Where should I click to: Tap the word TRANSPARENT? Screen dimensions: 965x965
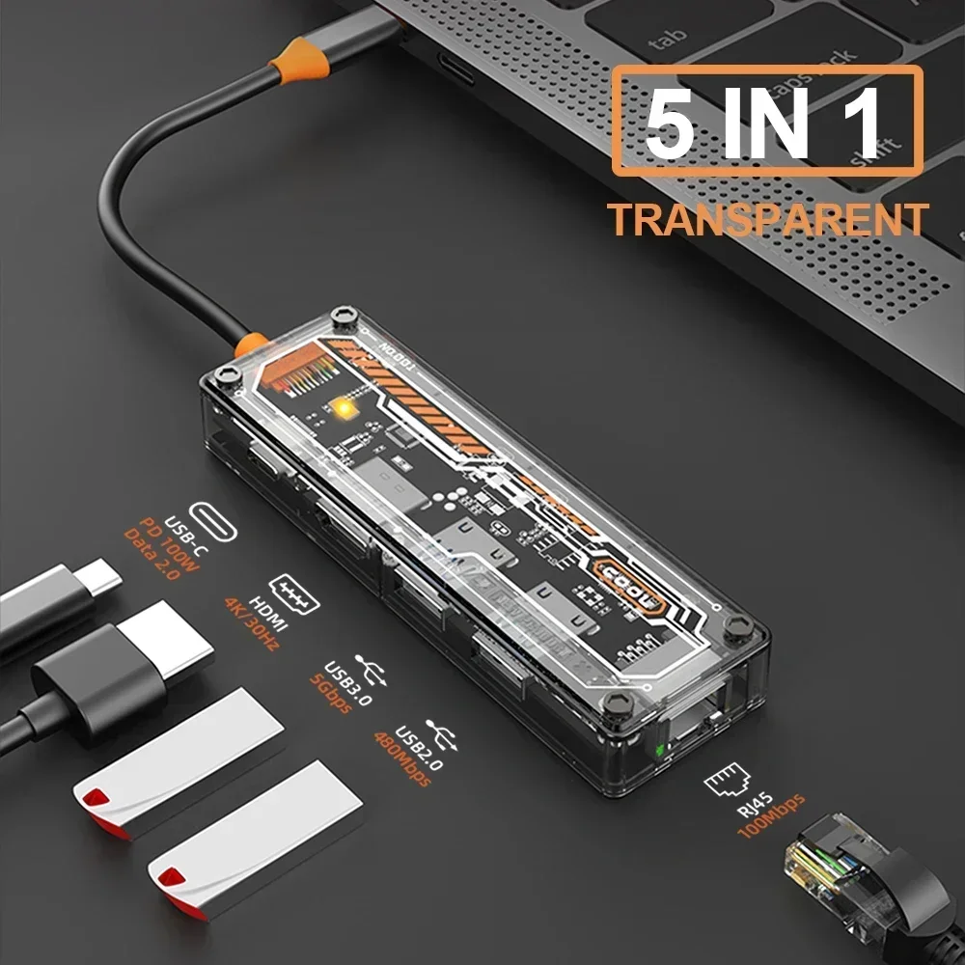click(767, 220)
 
